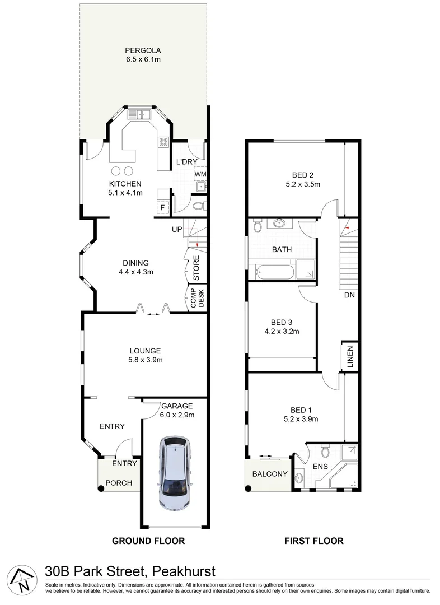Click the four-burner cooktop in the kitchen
tap(165, 142)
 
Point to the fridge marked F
tap(162, 208)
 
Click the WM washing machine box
tap(200, 174)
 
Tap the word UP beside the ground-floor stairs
tap(177, 230)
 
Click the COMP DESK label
tap(197, 298)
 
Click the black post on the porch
tap(101, 488)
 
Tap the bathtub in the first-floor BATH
tap(274, 273)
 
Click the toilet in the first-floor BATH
tap(257, 227)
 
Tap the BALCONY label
tap(269, 474)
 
